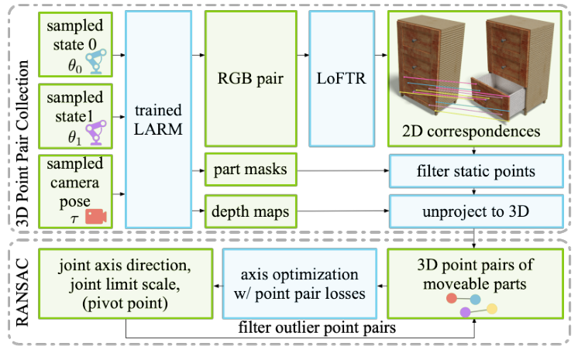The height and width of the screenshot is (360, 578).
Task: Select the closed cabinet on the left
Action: (430, 66)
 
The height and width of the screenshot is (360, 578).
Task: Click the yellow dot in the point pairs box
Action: (490, 309)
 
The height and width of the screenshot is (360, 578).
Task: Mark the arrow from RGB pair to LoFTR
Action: (301, 56)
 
